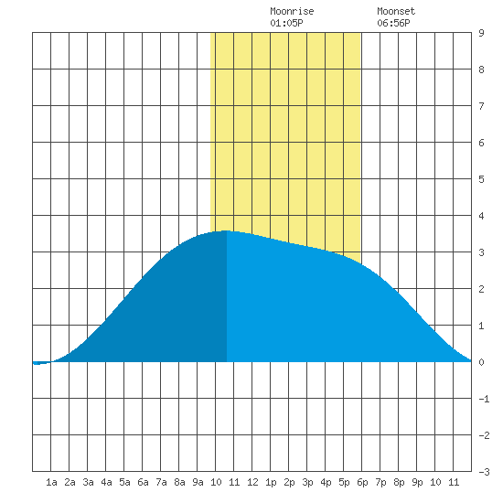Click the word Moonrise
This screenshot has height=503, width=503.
pyautogui.click(x=292, y=11)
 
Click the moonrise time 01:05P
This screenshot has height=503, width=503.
pyautogui.click(x=286, y=23)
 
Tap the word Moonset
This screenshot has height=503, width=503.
pyautogui.click(x=396, y=11)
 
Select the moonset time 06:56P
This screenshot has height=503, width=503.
pyautogui.click(x=393, y=23)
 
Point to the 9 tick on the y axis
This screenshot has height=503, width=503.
pyautogui.click(x=481, y=33)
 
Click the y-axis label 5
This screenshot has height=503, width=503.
pyautogui.click(x=481, y=179)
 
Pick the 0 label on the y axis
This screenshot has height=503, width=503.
pyautogui.click(x=481, y=362)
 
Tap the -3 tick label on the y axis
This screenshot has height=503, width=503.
pyautogui.click(x=484, y=472)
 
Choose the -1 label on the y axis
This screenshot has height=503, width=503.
pyautogui.click(x=484, y=399)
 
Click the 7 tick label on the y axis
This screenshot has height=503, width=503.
pyautogui.click(x=481, y=106)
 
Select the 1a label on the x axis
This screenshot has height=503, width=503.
pyautogui.click(x=51, y=482)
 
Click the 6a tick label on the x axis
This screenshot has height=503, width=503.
pyautogui.click(x=143, y=482)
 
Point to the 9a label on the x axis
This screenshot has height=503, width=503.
pyautogui.click(x=198, y=482)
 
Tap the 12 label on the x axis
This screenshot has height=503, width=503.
pyautogui.click(x=252, y=482)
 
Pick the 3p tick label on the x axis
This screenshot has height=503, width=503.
pyautogui.click(x=307, y=482)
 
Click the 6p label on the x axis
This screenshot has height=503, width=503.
pyautogui.click(x=362, y=482)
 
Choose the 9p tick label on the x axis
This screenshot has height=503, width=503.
pyautogui.click(x=417, y=482)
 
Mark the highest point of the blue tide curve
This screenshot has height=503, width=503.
pyautogui.click(x=227, y=230)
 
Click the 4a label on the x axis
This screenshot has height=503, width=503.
pyautogui.click(x=106, y=482)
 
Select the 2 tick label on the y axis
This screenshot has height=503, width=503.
pyautogui.click(x=481, y=289)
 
